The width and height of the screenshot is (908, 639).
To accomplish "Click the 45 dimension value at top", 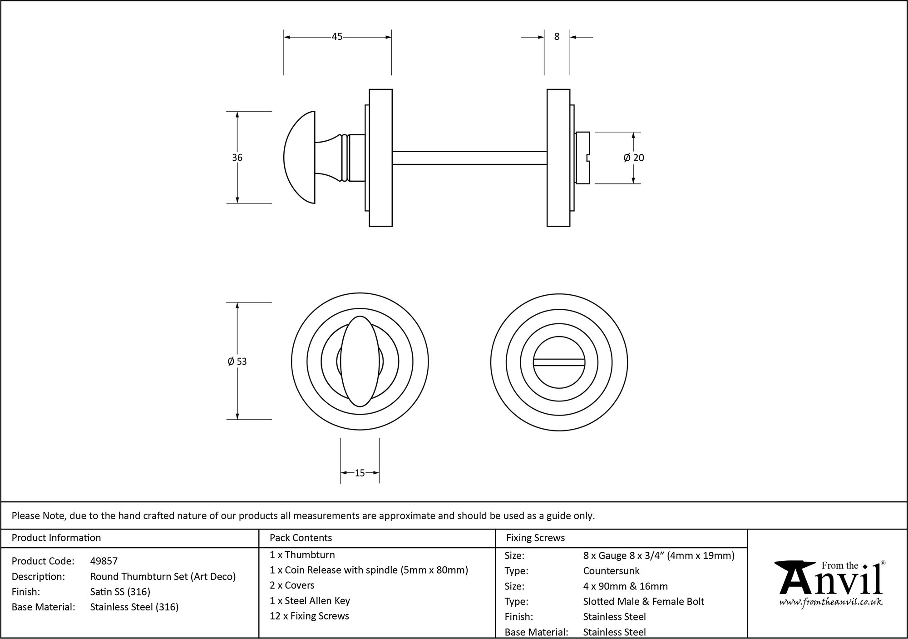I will (x=337, y=37).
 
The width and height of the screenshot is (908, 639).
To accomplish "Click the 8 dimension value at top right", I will (x=557, y=37).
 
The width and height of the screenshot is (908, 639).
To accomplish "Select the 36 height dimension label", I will (x=237, y=158).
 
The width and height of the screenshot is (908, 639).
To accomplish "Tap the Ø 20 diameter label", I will (x=634, y=158).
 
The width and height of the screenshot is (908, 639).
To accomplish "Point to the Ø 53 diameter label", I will (x=237, y=362).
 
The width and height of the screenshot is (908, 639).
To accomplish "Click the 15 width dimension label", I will (x=360, y=473).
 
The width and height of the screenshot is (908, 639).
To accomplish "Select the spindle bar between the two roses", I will (x=469, y=158).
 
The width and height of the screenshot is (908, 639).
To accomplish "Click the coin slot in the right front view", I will (x=559, y=362).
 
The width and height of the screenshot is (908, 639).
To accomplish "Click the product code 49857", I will (x=104, y=561).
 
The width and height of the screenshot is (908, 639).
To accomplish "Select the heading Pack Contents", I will (x=301, y=538).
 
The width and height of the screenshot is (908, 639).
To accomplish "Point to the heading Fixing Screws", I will (x=535, y=538).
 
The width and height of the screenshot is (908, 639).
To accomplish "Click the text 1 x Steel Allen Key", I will (x=310, y=601).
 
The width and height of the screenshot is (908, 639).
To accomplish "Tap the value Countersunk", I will (x=611, y=571).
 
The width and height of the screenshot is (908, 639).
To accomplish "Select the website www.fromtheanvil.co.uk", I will (x=831, y=603).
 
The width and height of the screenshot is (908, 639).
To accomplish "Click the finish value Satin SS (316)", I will (x=120, y=592).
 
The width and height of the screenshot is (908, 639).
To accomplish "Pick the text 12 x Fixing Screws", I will (x=309, y=616).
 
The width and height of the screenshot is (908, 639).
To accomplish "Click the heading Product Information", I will (x=56, y=538).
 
